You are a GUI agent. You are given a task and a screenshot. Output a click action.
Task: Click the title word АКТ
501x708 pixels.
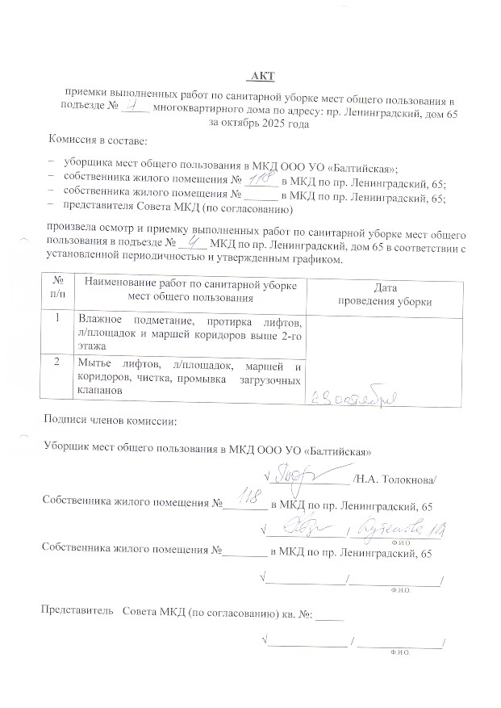click(x=262, y=77)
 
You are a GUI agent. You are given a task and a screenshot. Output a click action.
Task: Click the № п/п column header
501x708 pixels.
click(x=57, y=287)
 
